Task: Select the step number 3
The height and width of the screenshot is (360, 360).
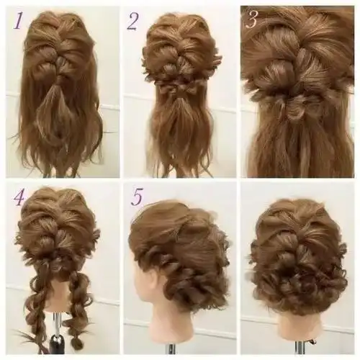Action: click(251, 19)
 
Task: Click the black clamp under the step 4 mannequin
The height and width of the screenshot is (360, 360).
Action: click(58, 347)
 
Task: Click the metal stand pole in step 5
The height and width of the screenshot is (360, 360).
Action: click(172, 352)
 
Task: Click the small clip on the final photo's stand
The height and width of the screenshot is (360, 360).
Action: click(311, 342)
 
